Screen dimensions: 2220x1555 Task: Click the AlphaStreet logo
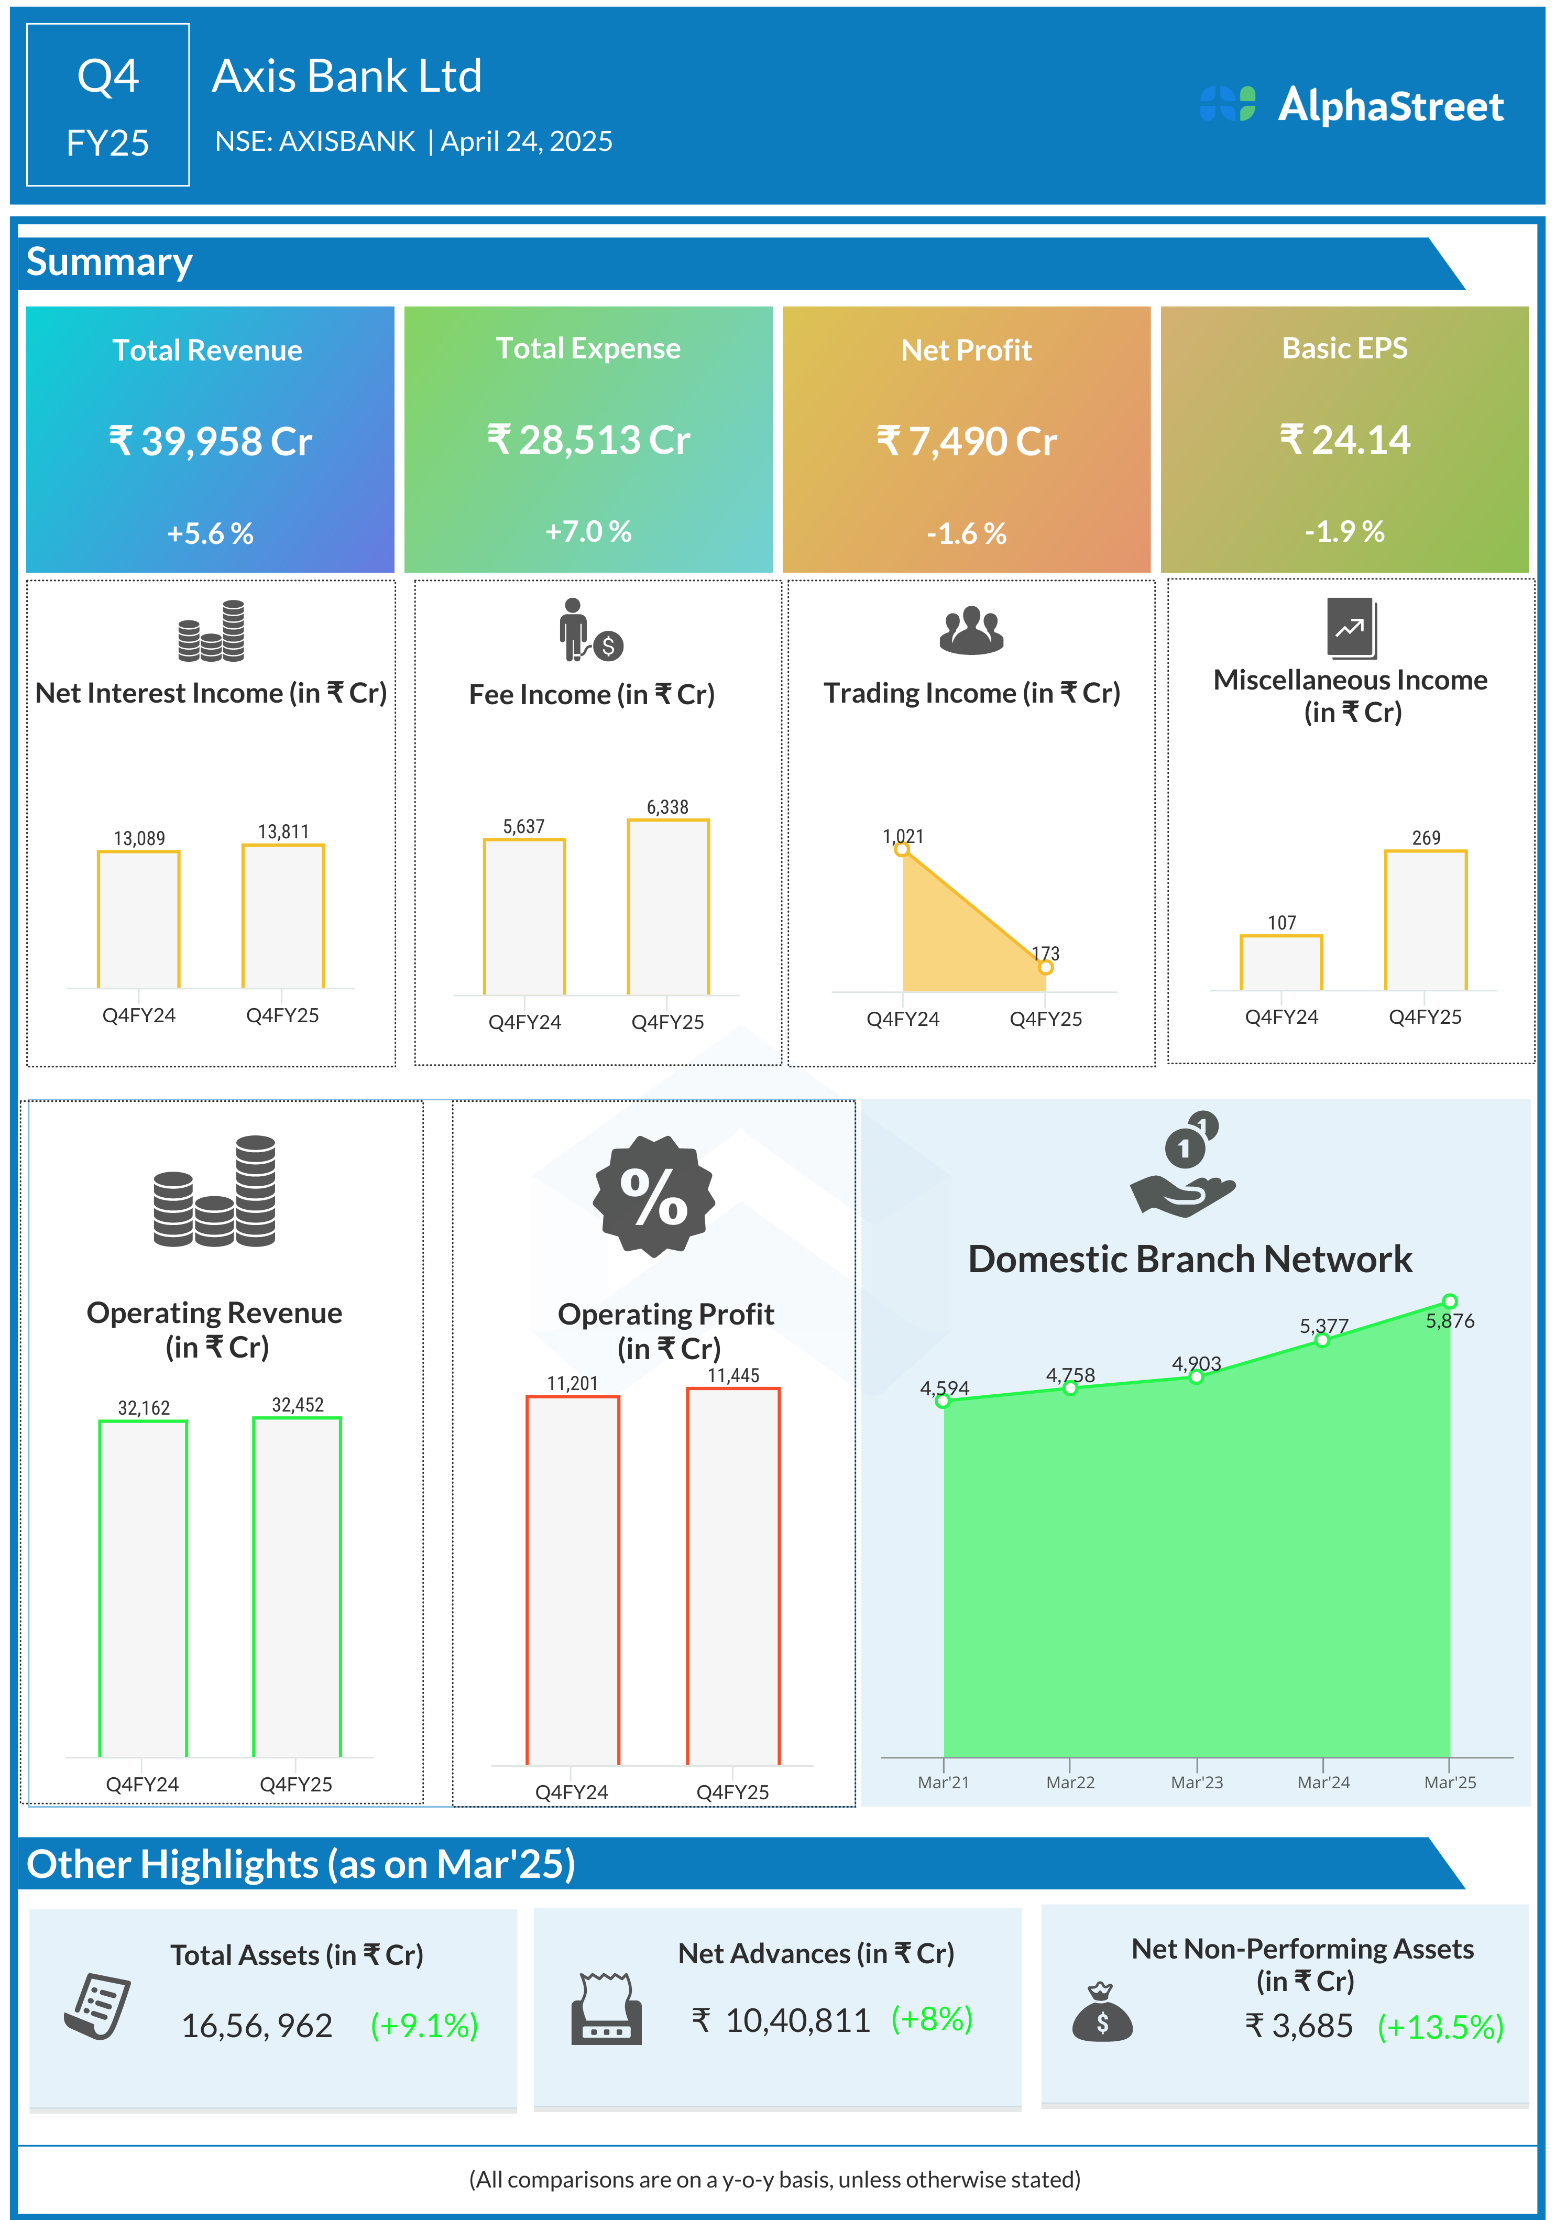pyautogui.click(x=1351, y=105)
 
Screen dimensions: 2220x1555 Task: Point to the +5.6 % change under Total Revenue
pyautogui.click(x=210, y=533)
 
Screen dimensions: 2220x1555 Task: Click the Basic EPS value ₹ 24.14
pyautogui.click(x=1344, y=440)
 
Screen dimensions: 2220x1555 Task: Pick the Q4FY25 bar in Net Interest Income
pyautogui.click(x=282, y=916)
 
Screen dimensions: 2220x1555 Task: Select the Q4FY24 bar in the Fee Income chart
pyautogui.click(x=524, y=916)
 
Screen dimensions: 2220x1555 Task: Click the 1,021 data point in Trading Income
pyautogui.click(x=901, y=849)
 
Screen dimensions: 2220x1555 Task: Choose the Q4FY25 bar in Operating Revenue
pyautogui.click(x=297, y=1585)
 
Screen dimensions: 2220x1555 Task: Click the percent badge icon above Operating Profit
pyautogui.click(x=654, y=1196)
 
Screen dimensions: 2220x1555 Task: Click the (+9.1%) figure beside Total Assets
pyautogui.click(x=424, y=2026)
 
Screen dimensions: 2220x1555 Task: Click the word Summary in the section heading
pyautogui.click(x=109, y=262)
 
